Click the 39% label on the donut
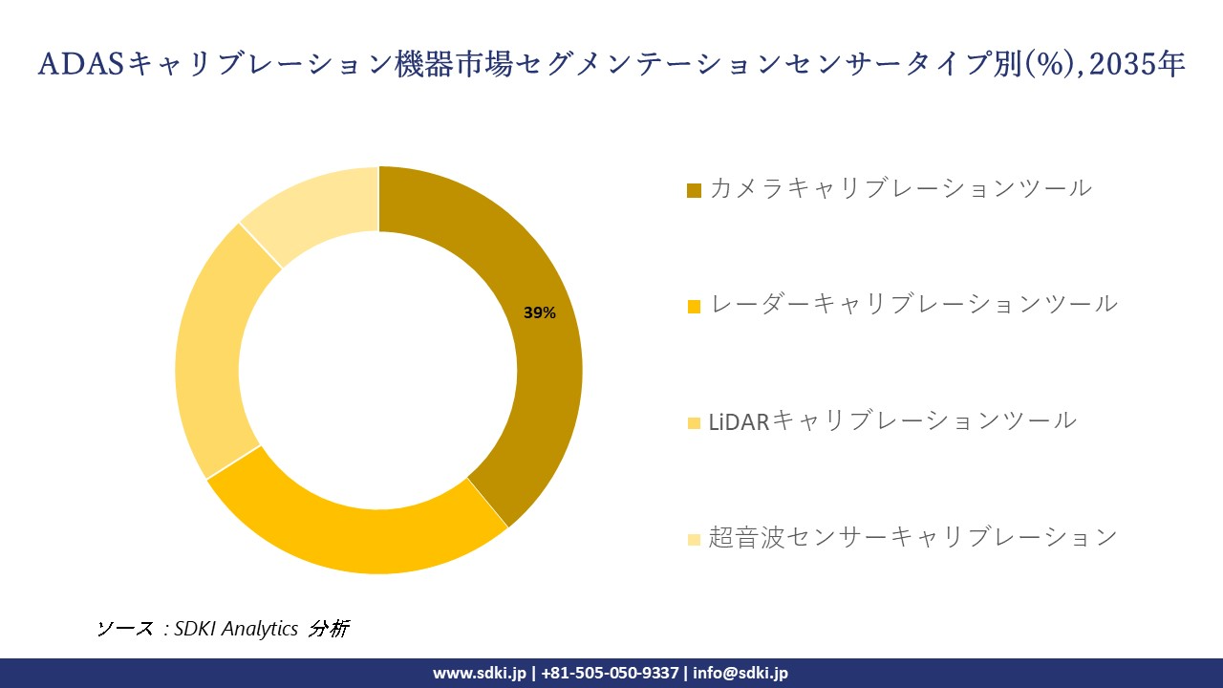[x=540, y=312]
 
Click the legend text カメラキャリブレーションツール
[x=900, y=188]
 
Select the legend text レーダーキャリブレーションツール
[x=913, y=305]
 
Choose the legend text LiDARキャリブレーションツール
[x=892, y=420]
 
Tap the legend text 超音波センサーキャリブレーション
[x=912, y=537]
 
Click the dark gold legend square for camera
[x=694, y=190]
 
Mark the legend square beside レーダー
[x=694, y=307]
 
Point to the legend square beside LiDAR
[x=694, y=422]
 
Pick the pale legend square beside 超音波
[x=694, y=539]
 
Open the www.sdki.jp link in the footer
[x=480, y=673]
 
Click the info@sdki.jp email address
[x=740, y=673]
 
